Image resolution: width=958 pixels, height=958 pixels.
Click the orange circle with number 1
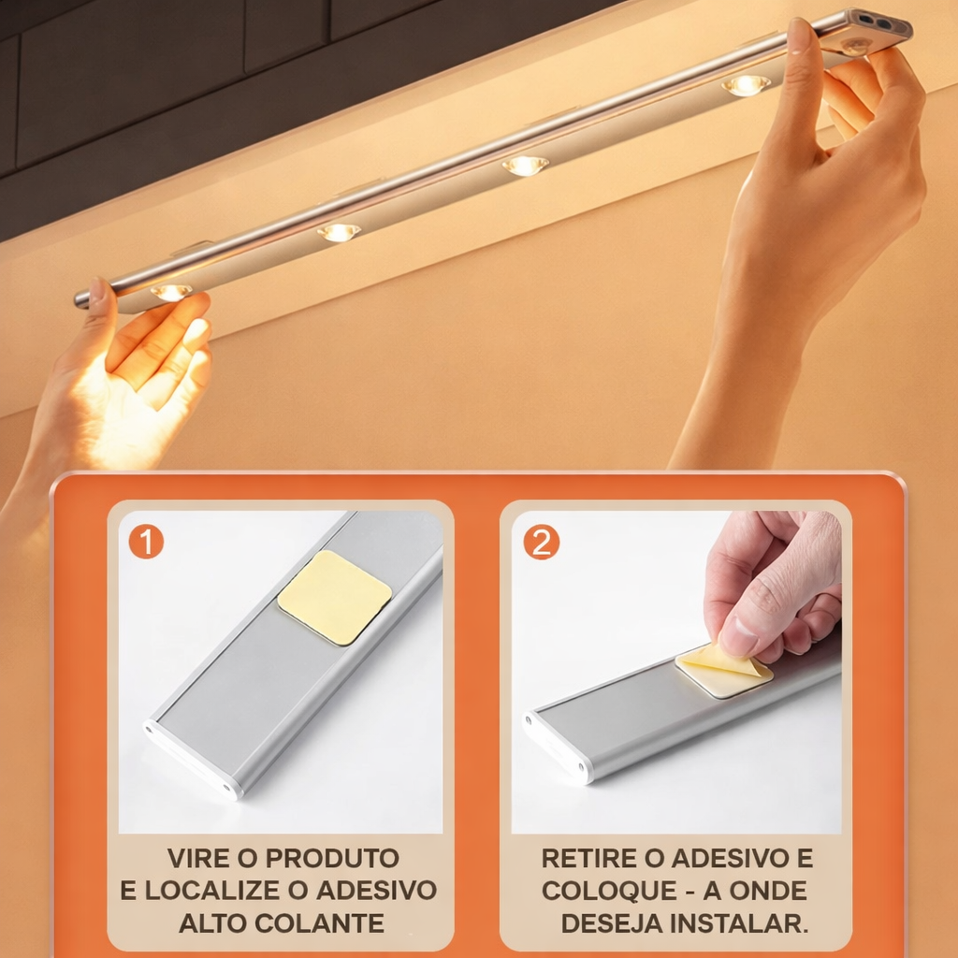(146, 541)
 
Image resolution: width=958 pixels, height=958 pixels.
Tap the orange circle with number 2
(542, 542)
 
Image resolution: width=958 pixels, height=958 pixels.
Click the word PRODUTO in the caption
(332, 858)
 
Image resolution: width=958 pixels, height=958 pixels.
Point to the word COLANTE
(320, 922)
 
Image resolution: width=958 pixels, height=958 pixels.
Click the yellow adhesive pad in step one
(335, 597)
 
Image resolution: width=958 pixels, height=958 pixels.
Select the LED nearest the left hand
(171, 292)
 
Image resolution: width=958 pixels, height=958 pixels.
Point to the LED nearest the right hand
(746, 85)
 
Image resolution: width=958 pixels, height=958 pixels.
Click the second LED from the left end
(339, 232)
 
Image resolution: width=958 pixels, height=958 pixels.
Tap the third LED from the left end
(526, 165)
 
